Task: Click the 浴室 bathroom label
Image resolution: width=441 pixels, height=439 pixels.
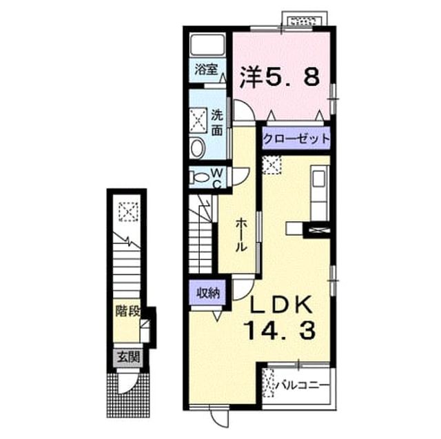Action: [x=207, y=70]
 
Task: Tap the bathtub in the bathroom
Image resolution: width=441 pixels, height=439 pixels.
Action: [x=207, y=45]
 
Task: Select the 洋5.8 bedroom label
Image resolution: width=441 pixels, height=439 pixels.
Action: [x=280, y=76]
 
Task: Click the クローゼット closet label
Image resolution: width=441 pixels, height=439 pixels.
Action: [x=296, y=139]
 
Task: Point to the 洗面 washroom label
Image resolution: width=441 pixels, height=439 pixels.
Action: [x=217, y=123]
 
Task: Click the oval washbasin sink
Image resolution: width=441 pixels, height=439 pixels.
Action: [x=196, y=148]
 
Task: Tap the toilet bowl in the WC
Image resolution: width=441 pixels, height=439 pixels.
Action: [x=199, y=178]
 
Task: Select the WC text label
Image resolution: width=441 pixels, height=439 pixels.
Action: [x=218, y=178]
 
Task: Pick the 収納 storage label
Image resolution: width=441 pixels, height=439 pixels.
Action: [x=208, y=294]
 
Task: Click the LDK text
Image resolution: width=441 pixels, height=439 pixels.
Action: [x=281, y=305]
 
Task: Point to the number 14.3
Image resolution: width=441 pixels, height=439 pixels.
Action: [x=280, y=330]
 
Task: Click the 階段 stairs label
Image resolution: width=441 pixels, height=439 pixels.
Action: [x=127, y=311]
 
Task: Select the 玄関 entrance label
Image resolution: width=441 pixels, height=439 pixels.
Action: [x=128, y=358]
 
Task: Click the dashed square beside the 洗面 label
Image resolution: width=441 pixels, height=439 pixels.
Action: [x=198, y=120]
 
